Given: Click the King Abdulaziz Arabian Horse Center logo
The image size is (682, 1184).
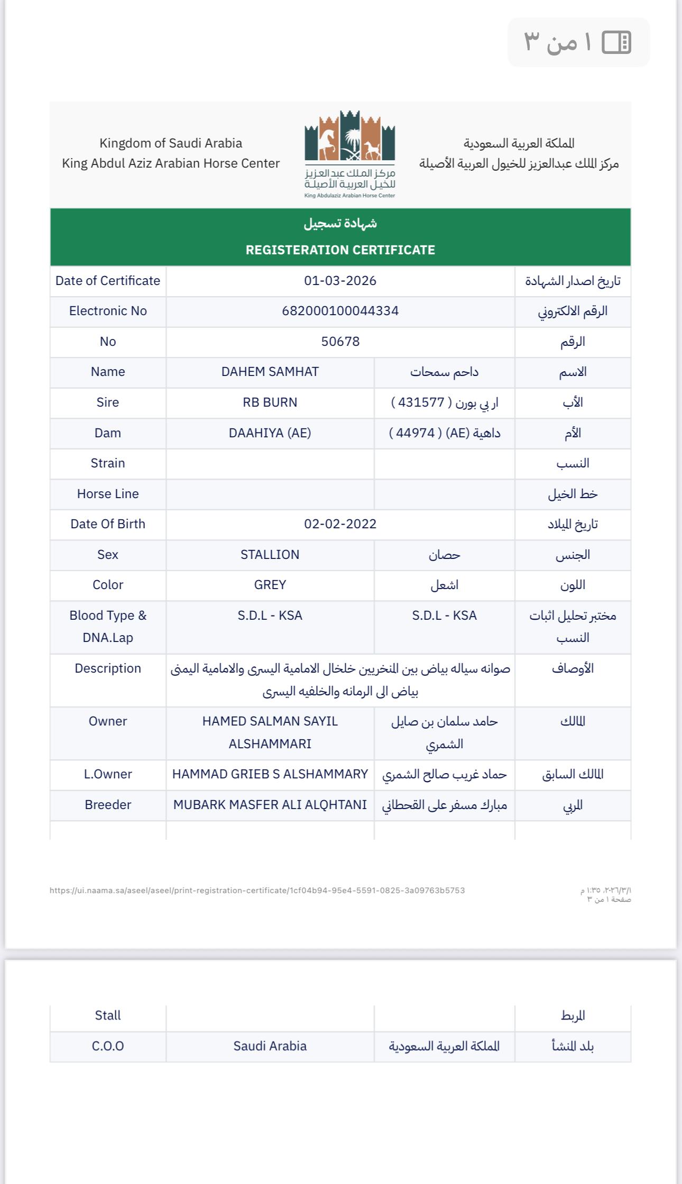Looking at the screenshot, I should pyautogui.click(x=349, y=153).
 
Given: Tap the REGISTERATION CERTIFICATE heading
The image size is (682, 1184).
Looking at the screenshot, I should pyautogui.click(x=340, y=250).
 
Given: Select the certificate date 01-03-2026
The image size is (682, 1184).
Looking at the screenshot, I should pyautogui.click(x=340, y=281).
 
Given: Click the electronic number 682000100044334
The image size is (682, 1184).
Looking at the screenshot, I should pyautogui.click(x=340, y=311).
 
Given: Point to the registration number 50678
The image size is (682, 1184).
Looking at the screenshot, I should pyautogui.click(x=340, y=342).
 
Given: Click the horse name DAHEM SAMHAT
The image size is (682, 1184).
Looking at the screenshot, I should pyautogui.click(x=270, y=372).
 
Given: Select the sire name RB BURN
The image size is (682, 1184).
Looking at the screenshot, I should pyautogui.click(x=270, y=402).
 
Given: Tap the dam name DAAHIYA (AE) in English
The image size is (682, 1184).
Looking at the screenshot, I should pyautogui.click(x=270, y=433).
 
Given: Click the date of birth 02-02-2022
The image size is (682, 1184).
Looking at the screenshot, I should pyautogui.click(x=340, y=524).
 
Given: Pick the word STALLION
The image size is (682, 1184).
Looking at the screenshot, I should pyautogui.click(x=270, y=555).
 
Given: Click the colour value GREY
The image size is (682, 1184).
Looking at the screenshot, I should pyautogui.click(x=270, y=585).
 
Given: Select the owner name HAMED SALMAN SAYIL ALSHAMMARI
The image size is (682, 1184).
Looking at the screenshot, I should pyautogui.click(x=270, y=732).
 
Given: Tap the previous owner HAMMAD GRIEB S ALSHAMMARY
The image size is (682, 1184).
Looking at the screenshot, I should pyautogui.click(x=270, y=774).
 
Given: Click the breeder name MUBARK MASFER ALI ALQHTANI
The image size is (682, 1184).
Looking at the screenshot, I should pyautogui.click(x=270, y=805).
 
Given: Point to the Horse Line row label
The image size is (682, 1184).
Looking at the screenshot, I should pyautogui.click(x=108, y=494).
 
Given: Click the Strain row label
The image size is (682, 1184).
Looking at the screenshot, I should pyautogui.click(x=108, y=463).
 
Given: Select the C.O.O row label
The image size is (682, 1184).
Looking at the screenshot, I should pyautogui.click(x=108, y=1046).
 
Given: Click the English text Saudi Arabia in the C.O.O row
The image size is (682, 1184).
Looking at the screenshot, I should pyautogui.click(x=270, y=1046).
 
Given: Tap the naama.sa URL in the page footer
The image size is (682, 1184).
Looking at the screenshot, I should pyautogui.click(x=257, y=891).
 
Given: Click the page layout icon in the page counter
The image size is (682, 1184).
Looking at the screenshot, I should pyautogui.click(x=616, y=42).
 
